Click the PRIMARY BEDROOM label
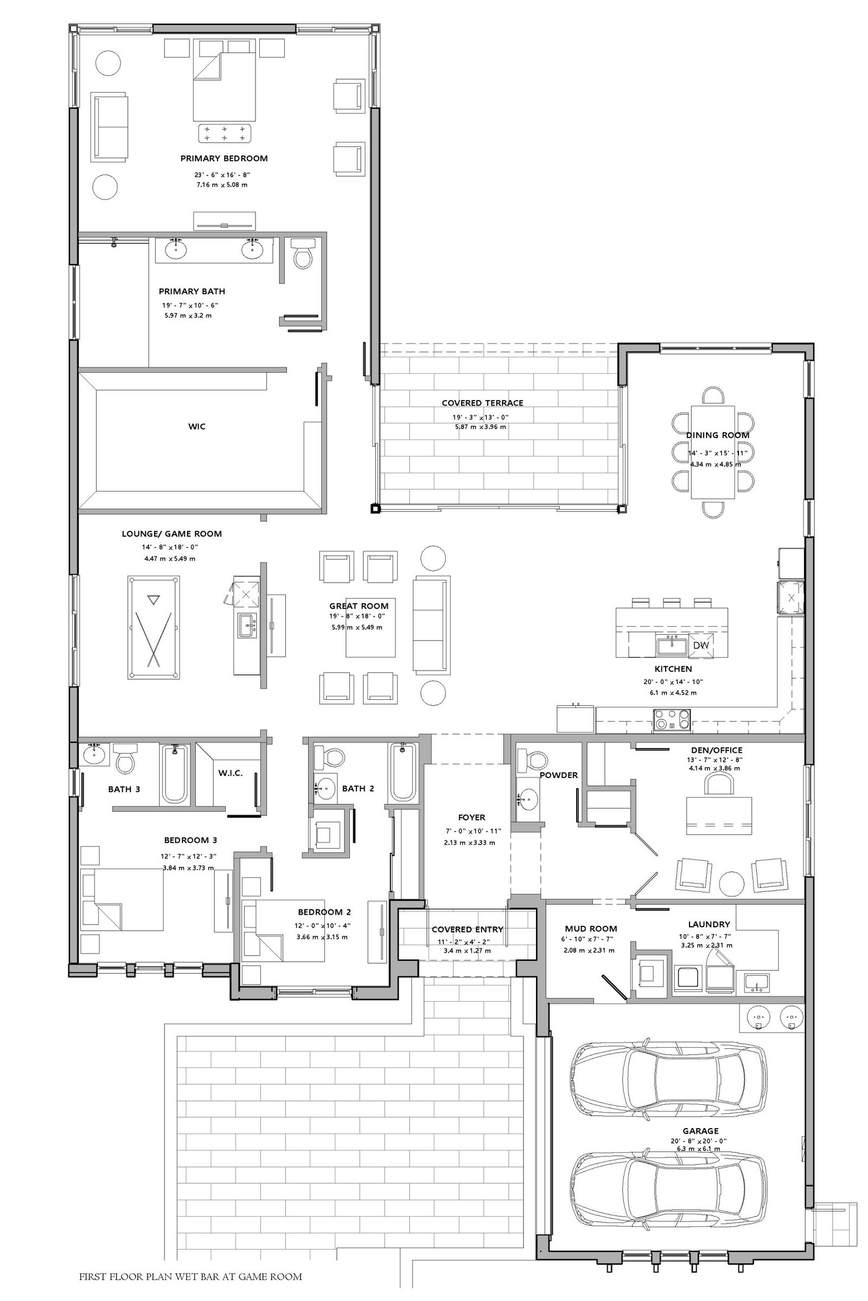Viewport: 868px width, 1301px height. pos(224,158)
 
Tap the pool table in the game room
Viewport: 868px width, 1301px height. pos(154,627)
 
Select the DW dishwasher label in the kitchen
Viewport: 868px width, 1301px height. pos(700,645)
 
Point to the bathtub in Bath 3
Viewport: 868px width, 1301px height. pos(174,774)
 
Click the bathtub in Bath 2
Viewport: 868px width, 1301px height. pos(403,771)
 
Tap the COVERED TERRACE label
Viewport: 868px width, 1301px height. pos(482,403)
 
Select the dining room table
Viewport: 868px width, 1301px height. pos(713,452)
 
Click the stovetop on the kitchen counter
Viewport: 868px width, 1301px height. pos(672,721)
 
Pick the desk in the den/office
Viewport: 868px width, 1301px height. pos(718,815)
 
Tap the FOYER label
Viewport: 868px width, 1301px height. pos(471,817)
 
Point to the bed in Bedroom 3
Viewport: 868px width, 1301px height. pos(123,899)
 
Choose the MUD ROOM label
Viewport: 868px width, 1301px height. pos(591,929)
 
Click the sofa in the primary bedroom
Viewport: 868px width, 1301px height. pos(109,127)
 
